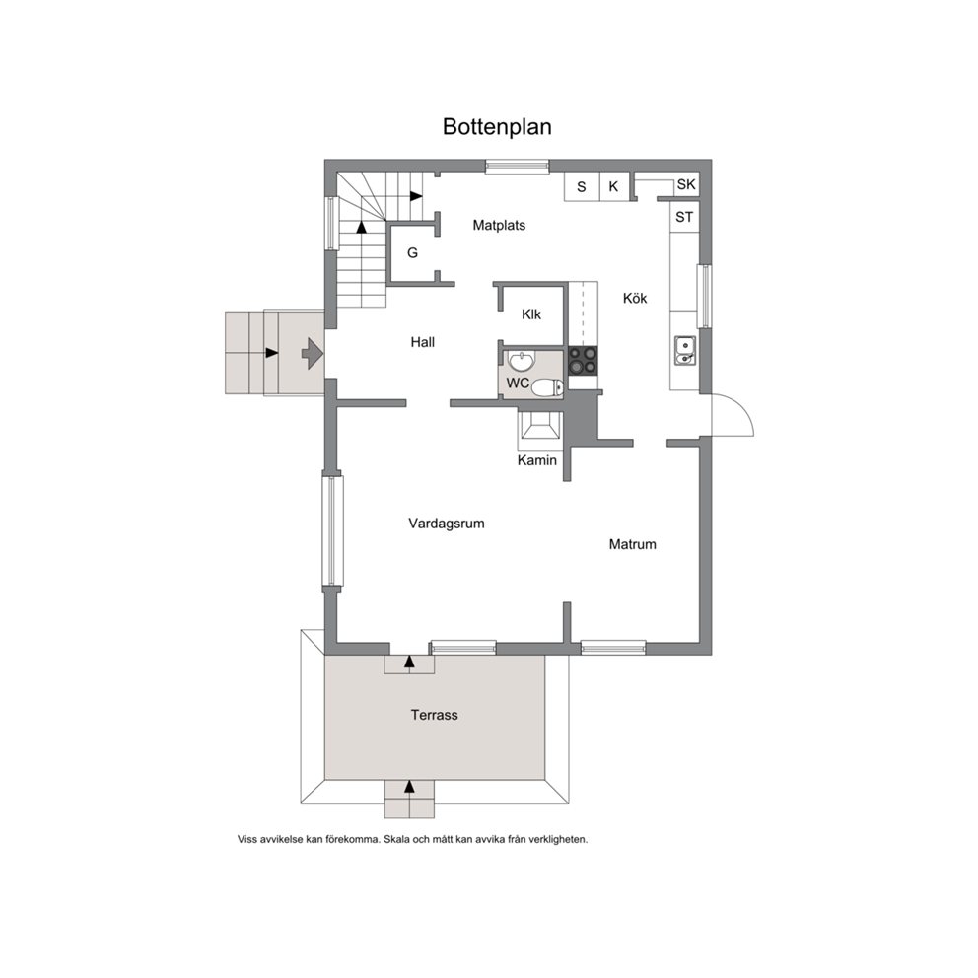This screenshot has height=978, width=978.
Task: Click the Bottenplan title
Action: [x=497, y=126]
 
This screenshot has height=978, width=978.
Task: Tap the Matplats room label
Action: [x=499, y=225]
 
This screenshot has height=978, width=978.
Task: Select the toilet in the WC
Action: [x=547, y=387]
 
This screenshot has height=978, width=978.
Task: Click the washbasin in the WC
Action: [x=522, y=361]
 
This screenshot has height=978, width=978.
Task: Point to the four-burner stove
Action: [x=583, y=361]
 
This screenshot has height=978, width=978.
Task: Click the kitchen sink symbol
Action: [x=685, y=351]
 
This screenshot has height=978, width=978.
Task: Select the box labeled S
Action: [x=582, y=186]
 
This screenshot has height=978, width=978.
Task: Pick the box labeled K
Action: [x=614, y=186]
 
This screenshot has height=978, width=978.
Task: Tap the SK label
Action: [x=686, y=184]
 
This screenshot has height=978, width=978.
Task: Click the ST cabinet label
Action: [x=684, y=217]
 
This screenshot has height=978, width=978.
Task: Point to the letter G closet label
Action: [x=412, y=252]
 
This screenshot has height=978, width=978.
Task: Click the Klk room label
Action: [x=531, y=314]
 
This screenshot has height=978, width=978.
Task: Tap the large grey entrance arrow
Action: [x=312, y=354]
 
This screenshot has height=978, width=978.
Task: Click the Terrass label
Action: [x=434, y=715]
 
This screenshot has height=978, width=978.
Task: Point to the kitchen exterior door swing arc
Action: [x=744, y=408]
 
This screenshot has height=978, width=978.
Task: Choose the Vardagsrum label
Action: [x=447, y=524]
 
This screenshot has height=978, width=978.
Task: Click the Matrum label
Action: [x=633, y=544]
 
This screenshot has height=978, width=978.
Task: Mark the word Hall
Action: [x=422, y=342]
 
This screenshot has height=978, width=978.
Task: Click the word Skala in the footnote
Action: [x=396, y=840]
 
